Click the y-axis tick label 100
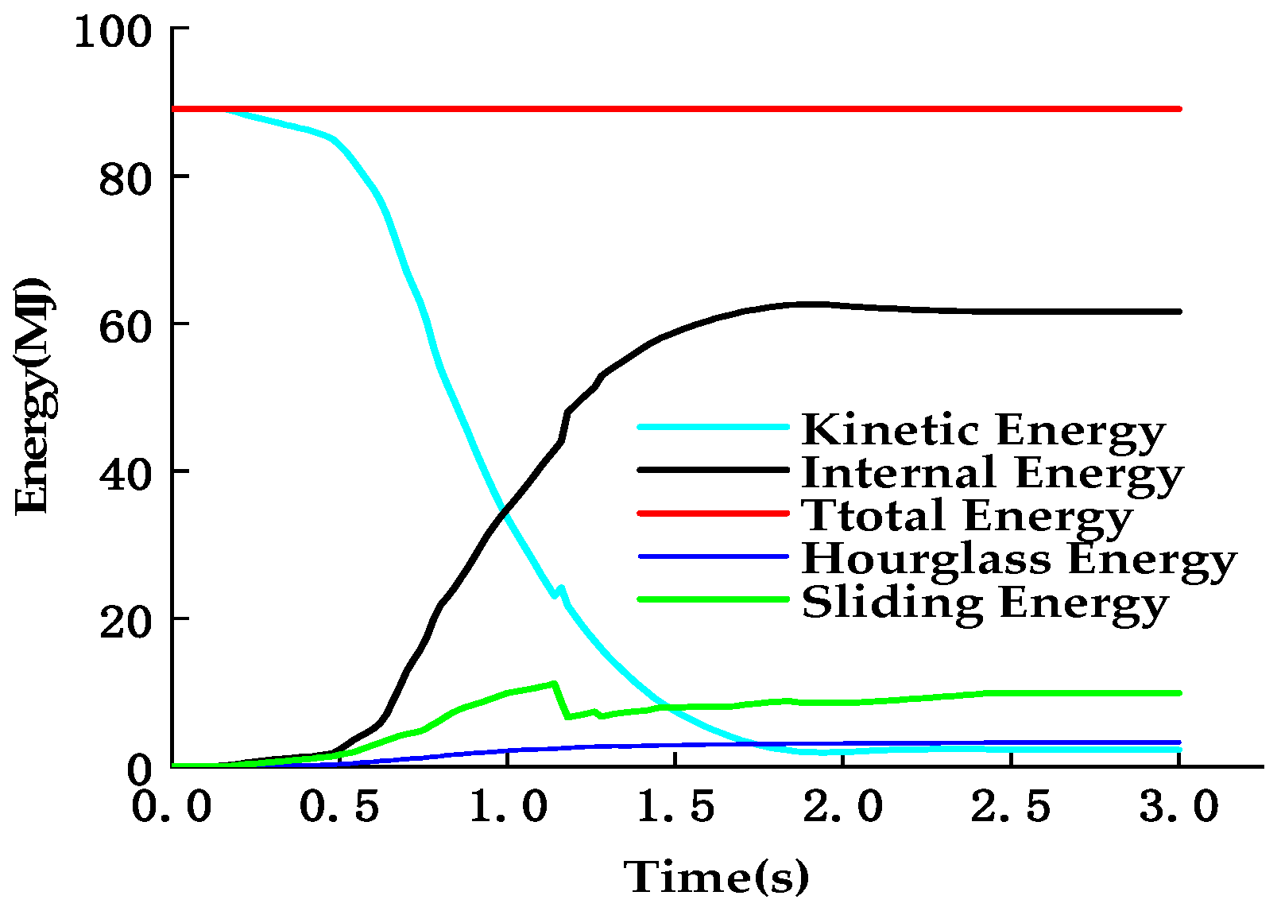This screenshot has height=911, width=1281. click(x=112, y=33)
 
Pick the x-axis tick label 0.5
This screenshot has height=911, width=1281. click(x=339, y=807)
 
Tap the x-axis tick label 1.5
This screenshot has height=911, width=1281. click(x=675, y=807)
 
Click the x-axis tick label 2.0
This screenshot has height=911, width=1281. click(x=843, y=807)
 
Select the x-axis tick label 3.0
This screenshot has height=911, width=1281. click(x=1178, y=807)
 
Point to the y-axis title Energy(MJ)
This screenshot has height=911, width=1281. click(x=33, y=396)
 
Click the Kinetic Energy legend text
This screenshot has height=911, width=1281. click(x=983, y=430)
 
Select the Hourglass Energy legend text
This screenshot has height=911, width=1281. click(x=1019, y=559)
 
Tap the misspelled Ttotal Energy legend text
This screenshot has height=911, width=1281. click(x=966, y=516)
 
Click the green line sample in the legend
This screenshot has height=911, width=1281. click(x=713, y=599)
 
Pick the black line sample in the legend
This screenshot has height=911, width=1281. click(x=713, y=470)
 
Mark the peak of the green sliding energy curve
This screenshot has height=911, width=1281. click(x=554, y=683)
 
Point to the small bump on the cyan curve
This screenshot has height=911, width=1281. click(x=561, y=589)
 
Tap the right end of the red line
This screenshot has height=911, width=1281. click(x=1179, y=109)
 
